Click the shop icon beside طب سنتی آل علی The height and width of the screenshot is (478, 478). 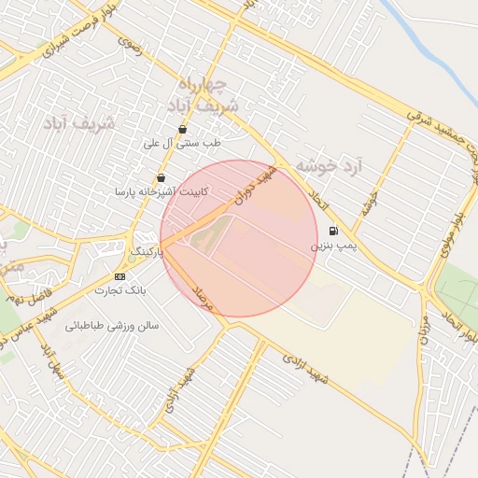[182, 130]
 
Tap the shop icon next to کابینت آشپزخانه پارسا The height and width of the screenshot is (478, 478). [162, 177]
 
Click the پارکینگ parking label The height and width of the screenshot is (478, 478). [146, 252]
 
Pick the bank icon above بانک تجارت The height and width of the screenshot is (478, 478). [119, 277]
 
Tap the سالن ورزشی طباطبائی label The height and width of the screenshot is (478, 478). [113, 327]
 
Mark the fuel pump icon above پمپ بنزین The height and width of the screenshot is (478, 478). [333, 231]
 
